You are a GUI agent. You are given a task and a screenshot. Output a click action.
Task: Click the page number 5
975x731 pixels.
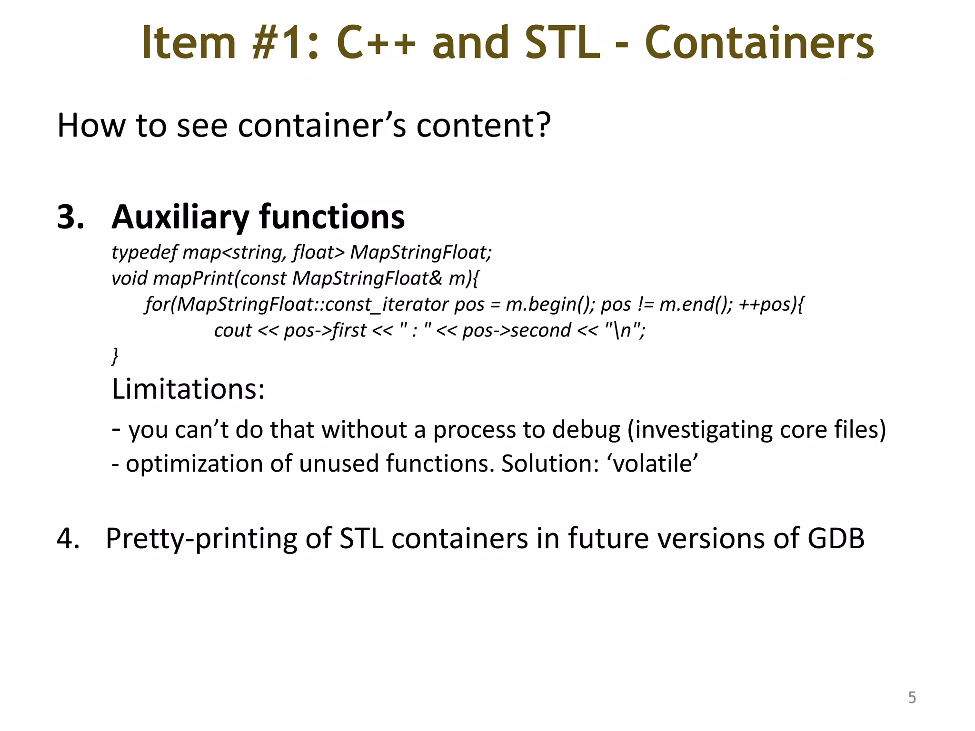point(912,698)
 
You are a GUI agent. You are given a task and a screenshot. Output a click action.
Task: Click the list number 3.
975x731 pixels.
point(70,217)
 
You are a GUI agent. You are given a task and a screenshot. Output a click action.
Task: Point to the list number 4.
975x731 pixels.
point(68,538)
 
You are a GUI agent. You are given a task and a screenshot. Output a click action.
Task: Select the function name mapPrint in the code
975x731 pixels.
point(193,278)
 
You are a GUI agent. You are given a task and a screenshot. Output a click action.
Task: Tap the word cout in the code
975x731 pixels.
point(232,330)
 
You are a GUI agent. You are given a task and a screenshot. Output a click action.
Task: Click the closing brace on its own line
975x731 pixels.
point(115,356)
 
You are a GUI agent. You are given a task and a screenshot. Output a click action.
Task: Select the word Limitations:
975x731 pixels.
point(188,389)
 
